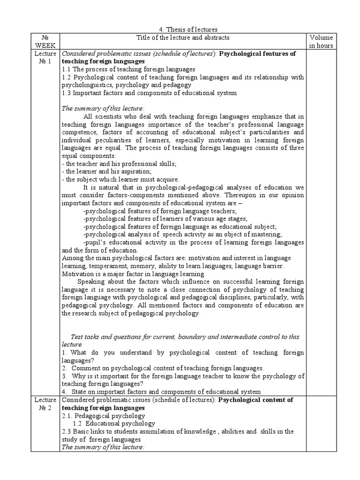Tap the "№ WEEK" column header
tap(45, 41)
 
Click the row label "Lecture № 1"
tap(45, 57)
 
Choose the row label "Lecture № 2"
tap(45, 404)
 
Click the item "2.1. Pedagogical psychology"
tap(103, 416)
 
